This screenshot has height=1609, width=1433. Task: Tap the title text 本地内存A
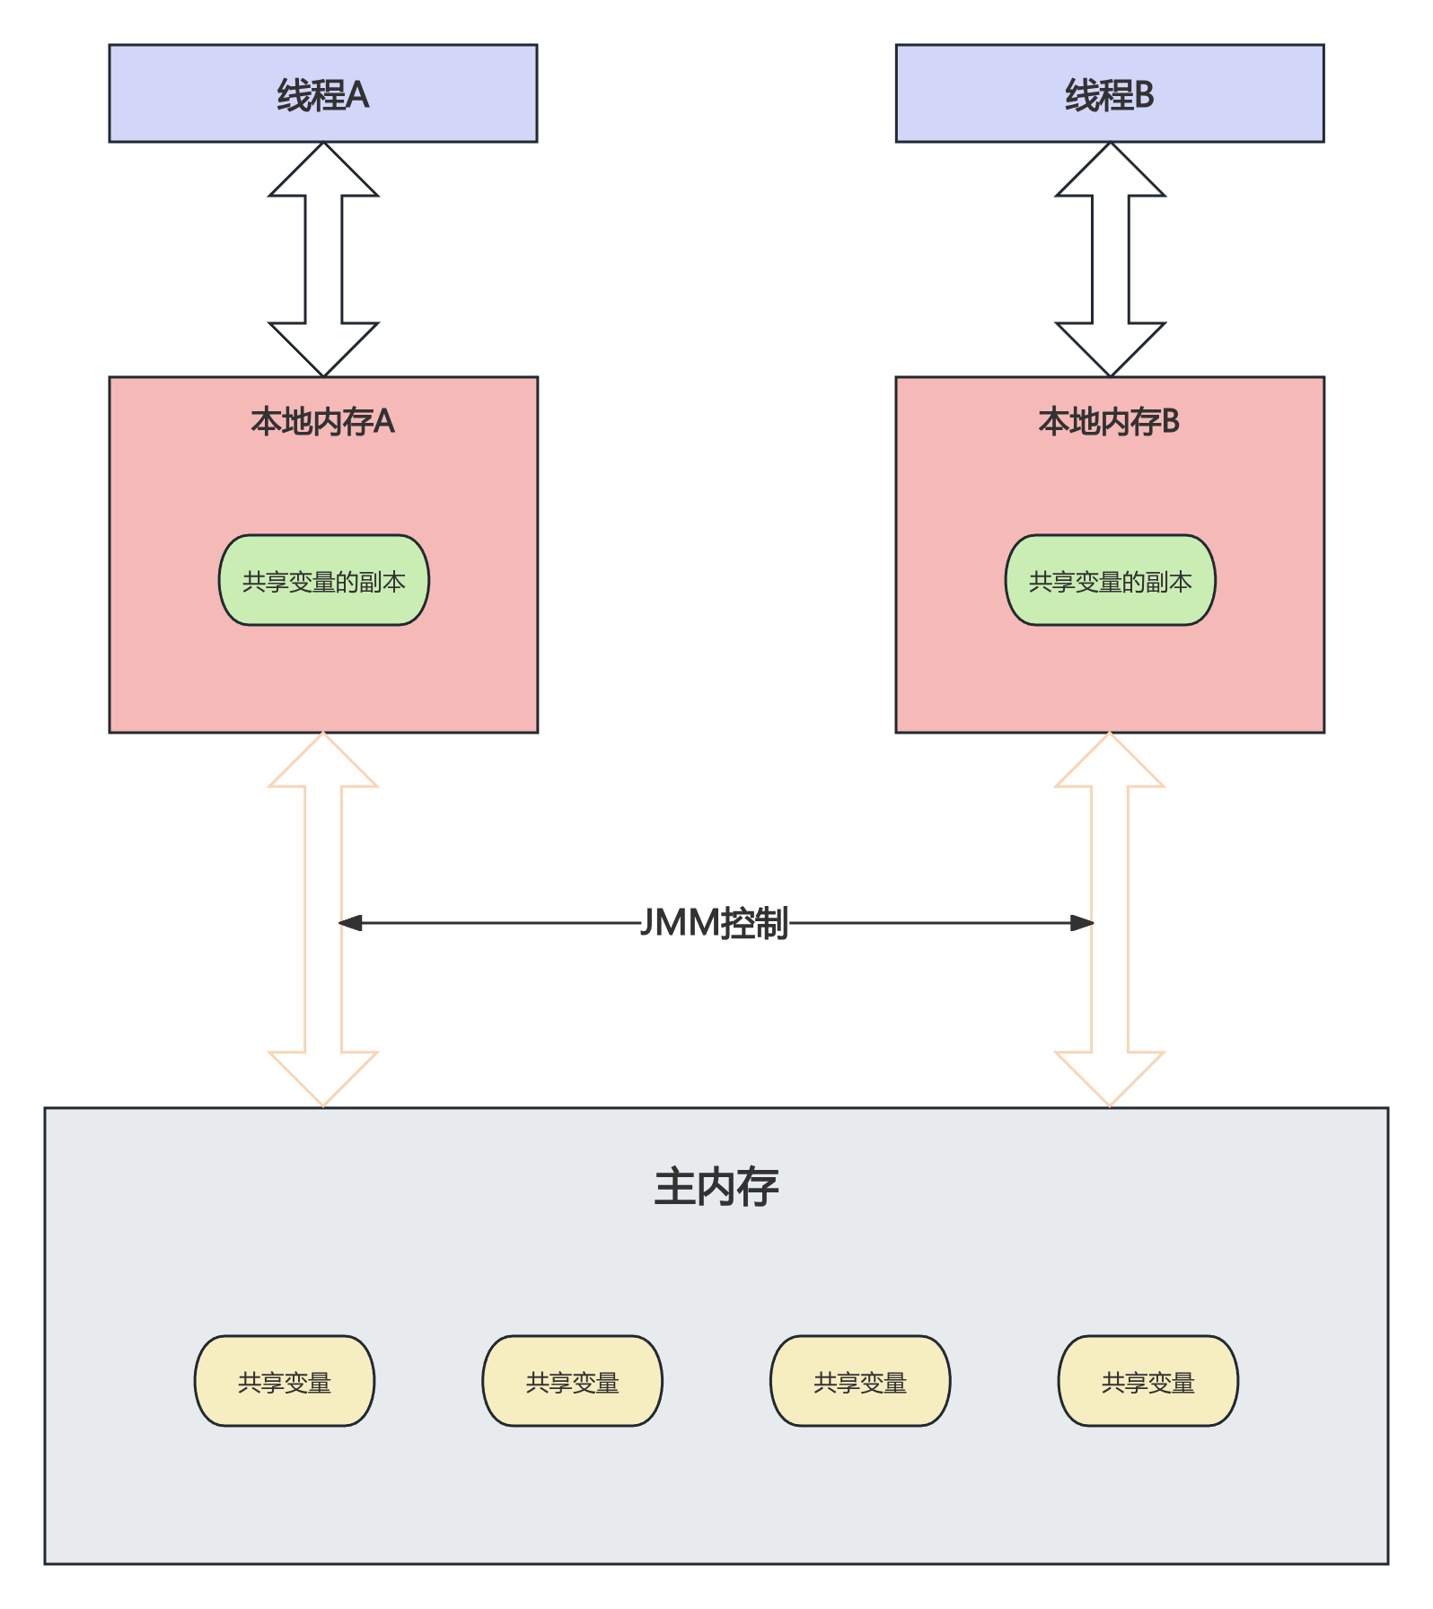coord(323,421)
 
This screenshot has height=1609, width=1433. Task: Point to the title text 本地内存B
coord(1110,421)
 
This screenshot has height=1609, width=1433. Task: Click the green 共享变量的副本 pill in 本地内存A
coord(324,581)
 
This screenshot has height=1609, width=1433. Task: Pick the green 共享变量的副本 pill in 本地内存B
coord(1111,581)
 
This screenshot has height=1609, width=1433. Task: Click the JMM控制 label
coord(716,923)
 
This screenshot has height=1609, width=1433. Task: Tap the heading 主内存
coord(716,1187)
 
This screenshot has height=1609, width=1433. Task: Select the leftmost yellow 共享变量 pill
coord(285,1382)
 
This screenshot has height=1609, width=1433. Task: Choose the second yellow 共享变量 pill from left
coord(573,1382)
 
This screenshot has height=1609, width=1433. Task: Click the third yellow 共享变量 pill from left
coord(860,1382)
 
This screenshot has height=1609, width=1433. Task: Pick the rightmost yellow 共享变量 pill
coord(1148,1382)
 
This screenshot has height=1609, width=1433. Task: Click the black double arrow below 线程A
coord(323,260)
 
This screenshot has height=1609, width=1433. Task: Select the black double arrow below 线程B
coord(1110,260)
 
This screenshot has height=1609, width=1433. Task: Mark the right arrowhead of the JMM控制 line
coord(1082,923)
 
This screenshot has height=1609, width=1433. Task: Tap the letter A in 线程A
coord(357,94)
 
